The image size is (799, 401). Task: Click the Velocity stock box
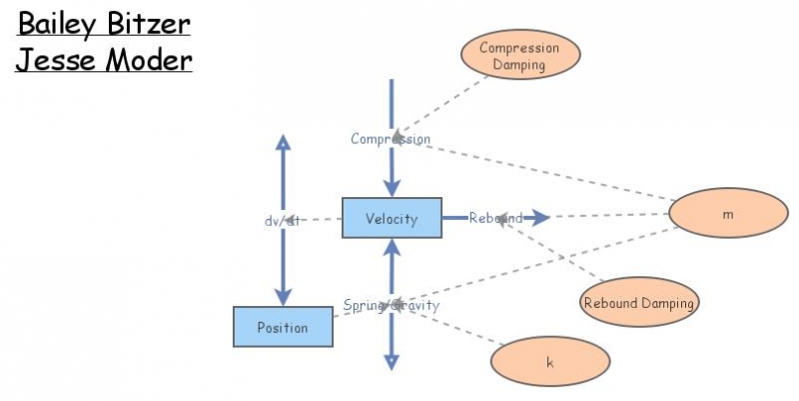tap(392, 218)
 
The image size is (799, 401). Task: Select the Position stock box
tap(283, 327)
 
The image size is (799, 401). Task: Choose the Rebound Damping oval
tap(639, 302)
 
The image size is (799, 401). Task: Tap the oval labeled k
tap(549, 362)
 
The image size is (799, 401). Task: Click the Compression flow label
tap(391, 139)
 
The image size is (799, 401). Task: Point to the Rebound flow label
tap(496, 218)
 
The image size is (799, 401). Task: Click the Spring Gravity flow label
tap(392, 305)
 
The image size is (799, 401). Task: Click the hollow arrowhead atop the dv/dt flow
tap(283, 142)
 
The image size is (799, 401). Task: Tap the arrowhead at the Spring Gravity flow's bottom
tap(392, 361)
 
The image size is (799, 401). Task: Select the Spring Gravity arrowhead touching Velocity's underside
tap(392, 248)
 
